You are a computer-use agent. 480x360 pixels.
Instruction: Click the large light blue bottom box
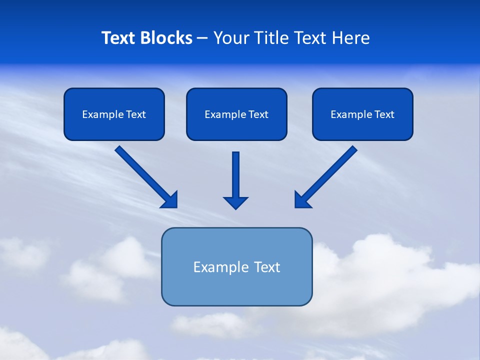[236, 287]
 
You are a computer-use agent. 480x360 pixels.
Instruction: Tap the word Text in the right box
[384, 114]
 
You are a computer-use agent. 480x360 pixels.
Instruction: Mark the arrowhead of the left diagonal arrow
[170, 200]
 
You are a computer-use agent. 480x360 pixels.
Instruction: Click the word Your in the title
[231, 38]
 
